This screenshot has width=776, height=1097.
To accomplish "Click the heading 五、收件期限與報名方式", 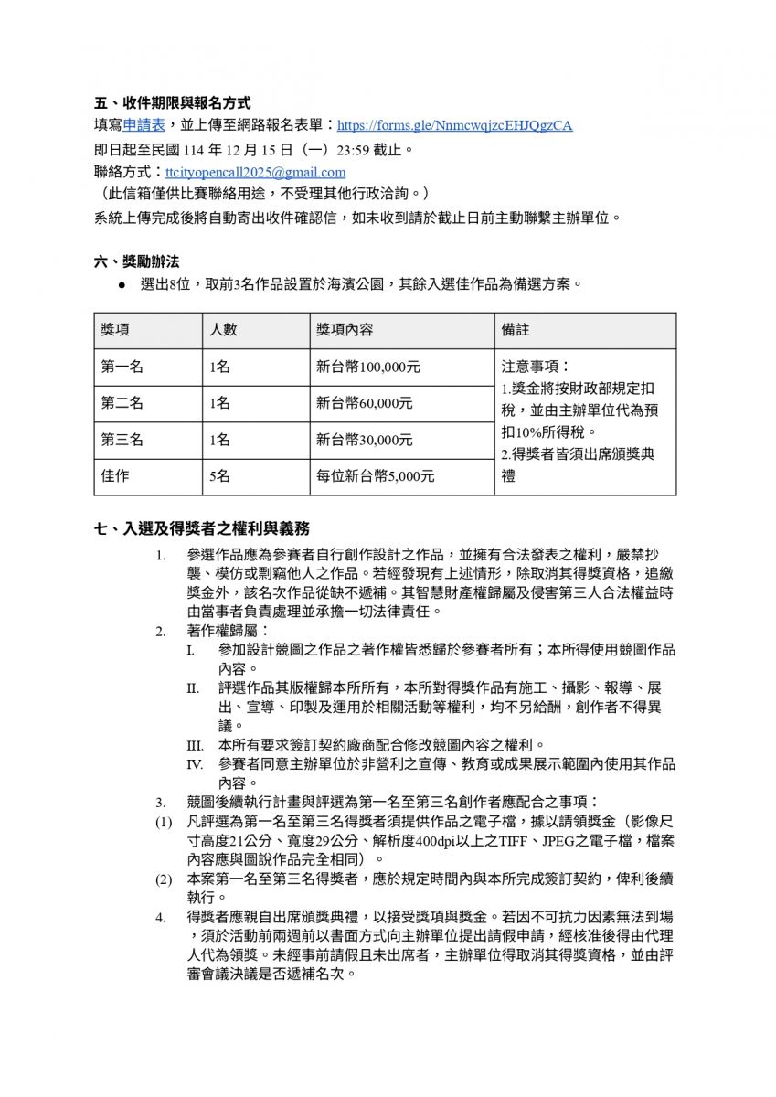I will [173, 103].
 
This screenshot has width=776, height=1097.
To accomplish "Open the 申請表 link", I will [144, 125].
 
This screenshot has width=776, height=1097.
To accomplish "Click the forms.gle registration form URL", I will [454, 126].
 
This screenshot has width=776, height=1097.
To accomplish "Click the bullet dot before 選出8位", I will [122, 285].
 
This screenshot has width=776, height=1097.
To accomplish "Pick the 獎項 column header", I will [115, 330].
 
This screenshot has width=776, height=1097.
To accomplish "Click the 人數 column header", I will [224, 330].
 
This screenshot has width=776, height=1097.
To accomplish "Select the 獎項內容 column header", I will [345, 330].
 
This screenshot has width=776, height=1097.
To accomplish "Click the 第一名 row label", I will [122, 367].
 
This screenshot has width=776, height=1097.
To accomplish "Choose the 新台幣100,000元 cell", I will [368, 367].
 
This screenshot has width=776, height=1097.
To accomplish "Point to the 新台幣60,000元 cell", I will [365, 403].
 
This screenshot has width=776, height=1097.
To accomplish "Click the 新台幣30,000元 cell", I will [365, 440].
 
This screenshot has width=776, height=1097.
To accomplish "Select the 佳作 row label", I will [115, 476].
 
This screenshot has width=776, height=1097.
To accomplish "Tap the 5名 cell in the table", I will [220, 476].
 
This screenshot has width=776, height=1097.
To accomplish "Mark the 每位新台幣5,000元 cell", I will [376, 476].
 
